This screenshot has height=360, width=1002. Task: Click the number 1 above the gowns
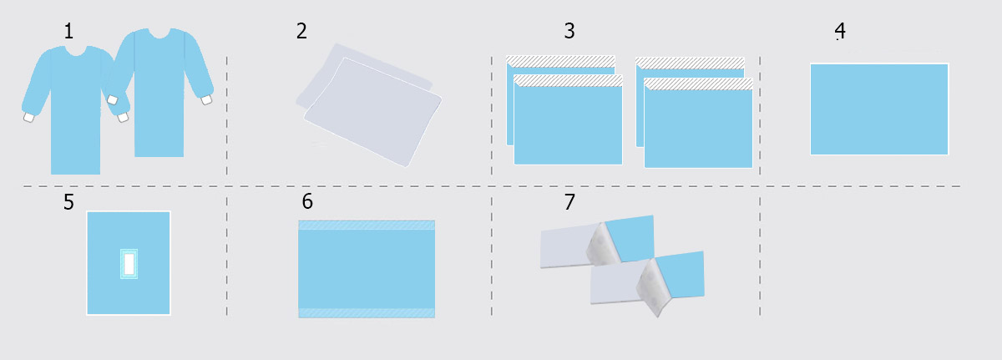click(x=68, y=31)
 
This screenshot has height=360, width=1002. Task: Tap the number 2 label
click(x=301, y=31)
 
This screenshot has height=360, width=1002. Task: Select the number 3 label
click(x=569, y=31)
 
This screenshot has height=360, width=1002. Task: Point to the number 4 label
click(x=840, y=30)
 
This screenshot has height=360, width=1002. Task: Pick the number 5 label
click(x=68, y=201)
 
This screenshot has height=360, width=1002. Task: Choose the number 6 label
click(x=307, y=201)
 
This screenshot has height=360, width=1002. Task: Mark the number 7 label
click(x=569, y=201)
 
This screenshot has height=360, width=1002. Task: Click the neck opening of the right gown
click(x=159, y=33)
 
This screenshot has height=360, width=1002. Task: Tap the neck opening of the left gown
click(x=76, y=51)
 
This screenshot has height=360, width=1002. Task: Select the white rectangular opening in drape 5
click(x=129, y=264)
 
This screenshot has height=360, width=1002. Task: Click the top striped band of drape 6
click(x=367, y=225)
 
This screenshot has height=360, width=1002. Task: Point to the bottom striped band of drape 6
click(x=367, y=312)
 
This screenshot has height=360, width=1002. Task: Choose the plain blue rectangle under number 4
click(x=879, y=109)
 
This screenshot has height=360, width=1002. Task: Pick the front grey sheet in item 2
click(x=373, y=112)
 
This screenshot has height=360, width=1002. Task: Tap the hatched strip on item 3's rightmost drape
click(x=698, y=84)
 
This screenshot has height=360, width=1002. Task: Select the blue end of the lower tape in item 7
click(x=681, y=275)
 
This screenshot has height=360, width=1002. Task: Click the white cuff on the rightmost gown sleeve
click(x=206, y=99)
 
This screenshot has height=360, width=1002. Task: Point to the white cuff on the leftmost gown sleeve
click(x=28, y=117)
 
